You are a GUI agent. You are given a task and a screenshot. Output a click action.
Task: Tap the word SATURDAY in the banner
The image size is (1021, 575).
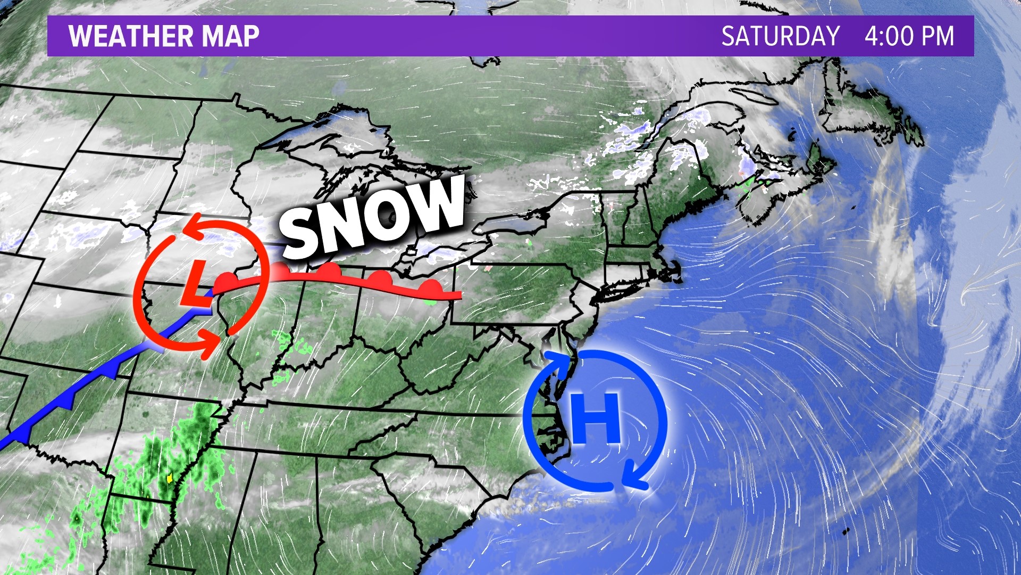780,36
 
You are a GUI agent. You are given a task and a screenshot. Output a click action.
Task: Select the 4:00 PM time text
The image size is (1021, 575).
909,36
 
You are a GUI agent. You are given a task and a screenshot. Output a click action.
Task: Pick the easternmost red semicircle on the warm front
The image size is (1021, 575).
430,288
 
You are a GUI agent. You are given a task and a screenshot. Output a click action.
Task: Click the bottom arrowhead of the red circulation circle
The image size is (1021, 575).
211,341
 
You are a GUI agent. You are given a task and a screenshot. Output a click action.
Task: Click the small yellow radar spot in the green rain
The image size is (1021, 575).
170,478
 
